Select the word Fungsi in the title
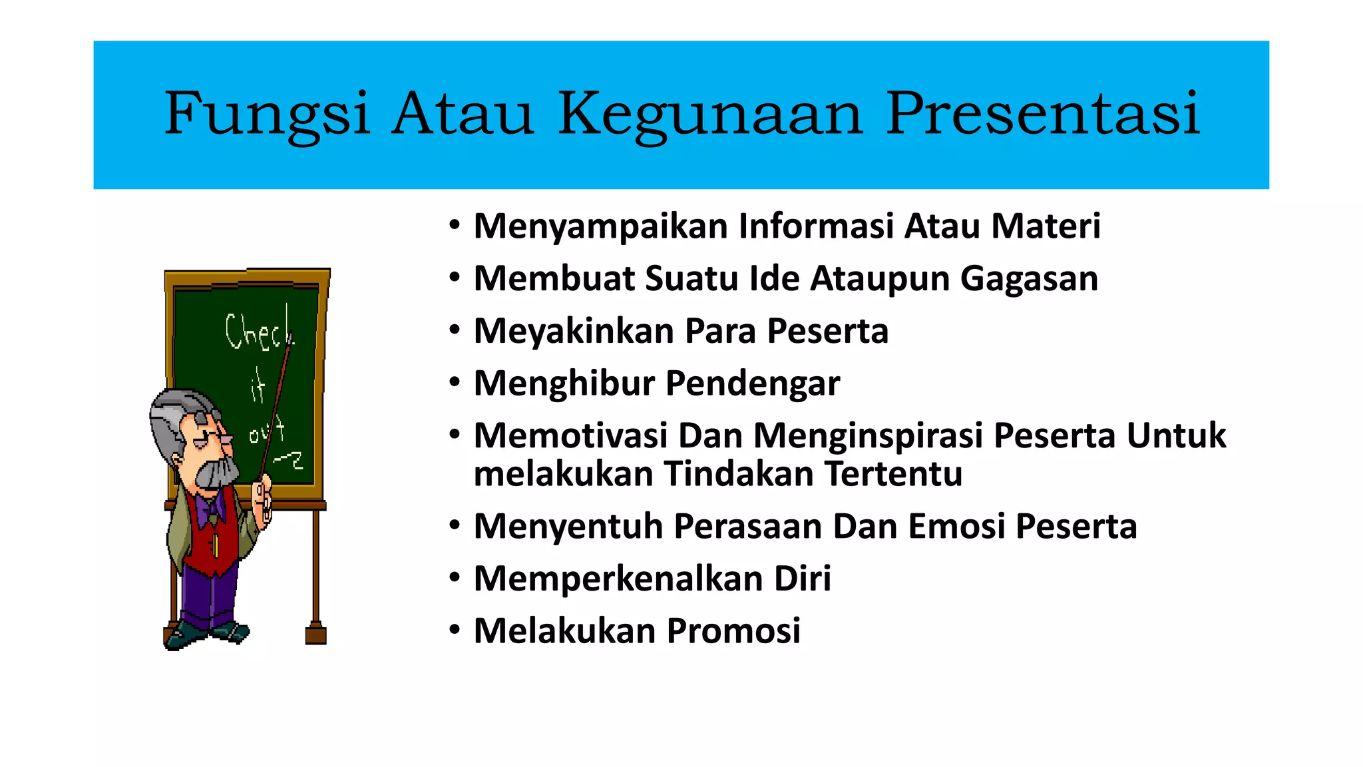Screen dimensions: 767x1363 [267, 115]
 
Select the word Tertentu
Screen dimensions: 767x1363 [893, 474]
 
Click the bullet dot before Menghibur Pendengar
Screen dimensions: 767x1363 [455, 383]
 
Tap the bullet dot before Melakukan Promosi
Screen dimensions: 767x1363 [455, 630]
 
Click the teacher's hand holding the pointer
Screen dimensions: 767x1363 [264, 499]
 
